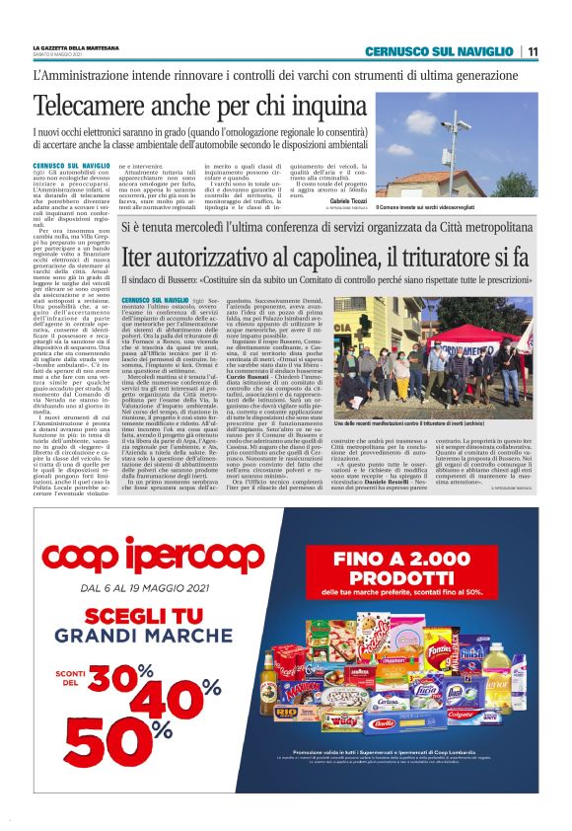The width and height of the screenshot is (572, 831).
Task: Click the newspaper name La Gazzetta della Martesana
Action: click(73, 48)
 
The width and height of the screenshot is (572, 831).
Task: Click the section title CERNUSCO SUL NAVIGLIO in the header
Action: click(438, 52)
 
